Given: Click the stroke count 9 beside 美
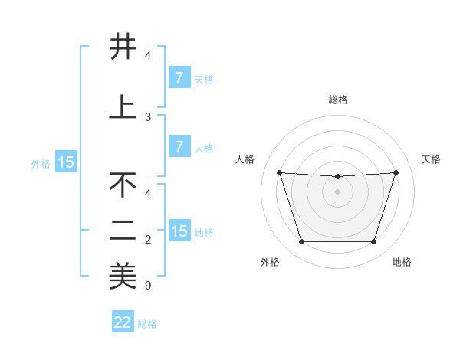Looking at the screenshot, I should pyautogui.click(x=147, y=286).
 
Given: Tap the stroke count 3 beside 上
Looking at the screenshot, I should pyautogui.click(x=147, y=117).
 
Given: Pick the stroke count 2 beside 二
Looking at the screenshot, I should pyautogui.click(x=147, y=240).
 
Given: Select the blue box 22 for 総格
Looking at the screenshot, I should pyautogui.click(x=123, y=322).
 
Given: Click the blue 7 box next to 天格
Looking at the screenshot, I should pyautogui.click(x=179, y=78).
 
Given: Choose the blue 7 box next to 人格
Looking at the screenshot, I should pyautogui.click(x=179, y=147).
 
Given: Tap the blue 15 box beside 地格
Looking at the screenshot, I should pyautogui.click(x=179, y=231).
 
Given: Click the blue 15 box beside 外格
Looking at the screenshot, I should pyautogui.click(x=65, y=162).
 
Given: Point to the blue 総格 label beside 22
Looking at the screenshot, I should pyautogui.click(x=147, y=324).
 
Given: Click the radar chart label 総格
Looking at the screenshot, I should pyautogui.click(x=337, y=100).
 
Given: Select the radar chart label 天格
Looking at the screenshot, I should pyautogui.click(x=431, y=159).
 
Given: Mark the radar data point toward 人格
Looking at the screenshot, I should pyautogui.click(x=279, y=172).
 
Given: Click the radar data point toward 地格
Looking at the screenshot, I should pyautogui.click(x=373, y=242).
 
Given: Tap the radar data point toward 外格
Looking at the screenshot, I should pyautogui.click(x=301, y=242).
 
